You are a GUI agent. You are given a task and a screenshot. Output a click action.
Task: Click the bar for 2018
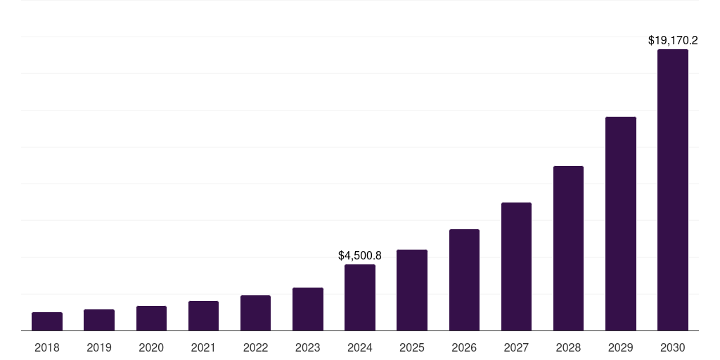pos(47,321)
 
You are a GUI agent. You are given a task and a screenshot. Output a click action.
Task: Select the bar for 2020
pos(151,319)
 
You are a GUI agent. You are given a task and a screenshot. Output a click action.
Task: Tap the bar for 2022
pos(255,313)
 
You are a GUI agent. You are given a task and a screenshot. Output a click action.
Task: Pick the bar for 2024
pos(360,297)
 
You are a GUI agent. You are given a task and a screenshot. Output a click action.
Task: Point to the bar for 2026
pos(464,280)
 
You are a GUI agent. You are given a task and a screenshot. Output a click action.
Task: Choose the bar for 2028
pos(568,248)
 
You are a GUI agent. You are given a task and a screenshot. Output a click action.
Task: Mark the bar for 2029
pos(621,224)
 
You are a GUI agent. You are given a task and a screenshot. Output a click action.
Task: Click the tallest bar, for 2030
pos(673,190)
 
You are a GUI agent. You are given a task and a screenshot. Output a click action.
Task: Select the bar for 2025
pos(412,290)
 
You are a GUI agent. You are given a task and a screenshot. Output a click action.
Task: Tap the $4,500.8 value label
pos(360,255)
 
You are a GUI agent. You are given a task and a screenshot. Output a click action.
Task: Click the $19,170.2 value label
pos(673,41)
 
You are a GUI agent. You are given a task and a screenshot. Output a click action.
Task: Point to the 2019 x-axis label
pos(99,347)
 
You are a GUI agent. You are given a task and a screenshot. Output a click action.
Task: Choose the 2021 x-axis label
pos(203,347)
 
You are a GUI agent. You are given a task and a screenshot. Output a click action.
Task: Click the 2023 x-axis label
pos(308,347)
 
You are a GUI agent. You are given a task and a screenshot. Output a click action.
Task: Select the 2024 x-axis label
pos(360,347)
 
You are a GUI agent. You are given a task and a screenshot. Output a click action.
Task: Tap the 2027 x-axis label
pos(516,347)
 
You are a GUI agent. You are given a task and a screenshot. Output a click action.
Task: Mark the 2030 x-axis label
pos(673,347)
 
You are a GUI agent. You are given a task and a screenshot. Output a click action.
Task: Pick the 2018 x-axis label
pos(47,347)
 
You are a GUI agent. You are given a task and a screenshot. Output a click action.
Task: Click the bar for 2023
pos(308,309)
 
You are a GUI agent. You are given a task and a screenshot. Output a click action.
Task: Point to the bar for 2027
pos(516,266)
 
